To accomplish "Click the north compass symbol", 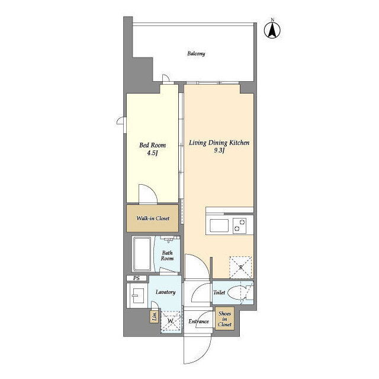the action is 272,29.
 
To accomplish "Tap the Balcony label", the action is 196,53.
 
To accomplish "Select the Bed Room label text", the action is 153,145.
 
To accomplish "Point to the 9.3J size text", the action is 219,150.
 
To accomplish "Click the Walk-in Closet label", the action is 153,219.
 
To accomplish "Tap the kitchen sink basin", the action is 219,226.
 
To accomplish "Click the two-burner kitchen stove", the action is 239,226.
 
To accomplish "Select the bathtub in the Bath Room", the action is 142,254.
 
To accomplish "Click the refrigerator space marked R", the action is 240,267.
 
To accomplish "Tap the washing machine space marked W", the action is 171,322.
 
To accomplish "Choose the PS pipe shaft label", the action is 136,278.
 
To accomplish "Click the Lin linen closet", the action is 154,316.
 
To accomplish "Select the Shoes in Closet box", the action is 224,319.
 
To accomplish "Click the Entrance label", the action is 199,321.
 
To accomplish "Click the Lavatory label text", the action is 166,292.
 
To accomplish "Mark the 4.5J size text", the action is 153,153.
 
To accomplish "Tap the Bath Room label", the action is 167,255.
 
